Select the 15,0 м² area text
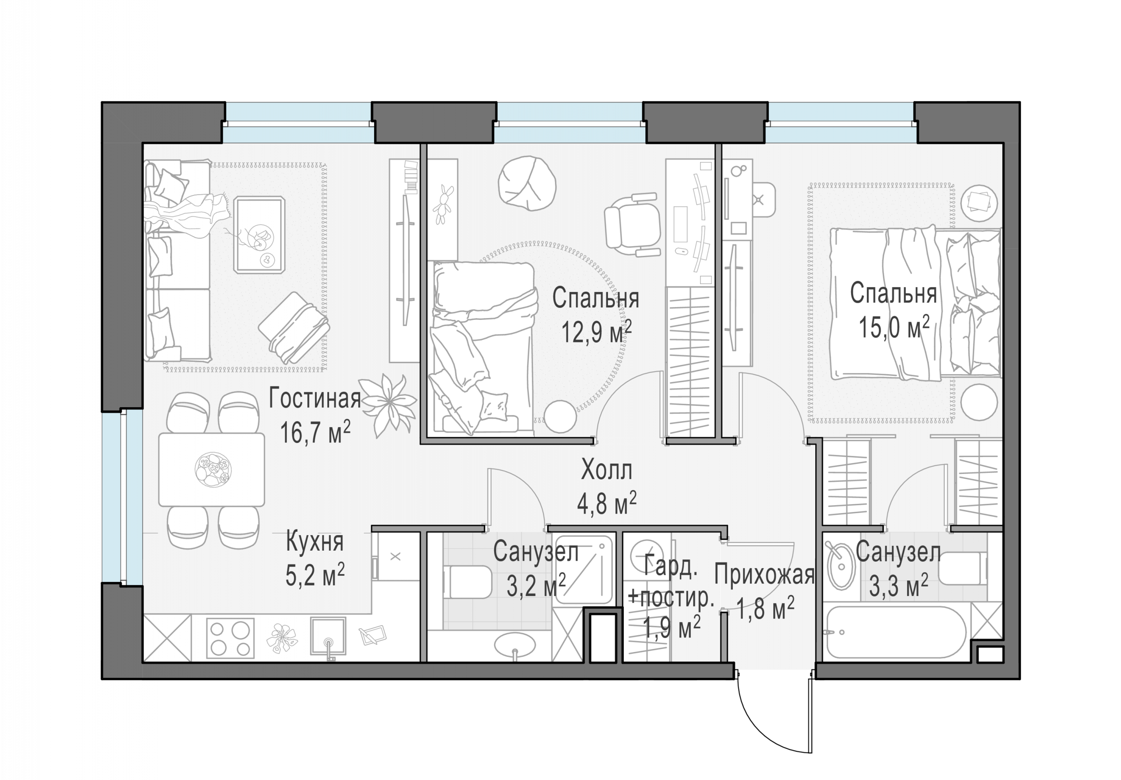tap(894, 327)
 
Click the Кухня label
tap(315, 542)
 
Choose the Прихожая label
tap(764, 575)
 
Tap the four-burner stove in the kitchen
tap(231, 638)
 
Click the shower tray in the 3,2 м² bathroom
tap(584, 570)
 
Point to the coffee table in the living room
tap(259, 234)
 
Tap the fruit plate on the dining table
tap(213, 470)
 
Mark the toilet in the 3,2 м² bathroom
tap(466, 582)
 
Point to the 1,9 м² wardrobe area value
tap(672, 628)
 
